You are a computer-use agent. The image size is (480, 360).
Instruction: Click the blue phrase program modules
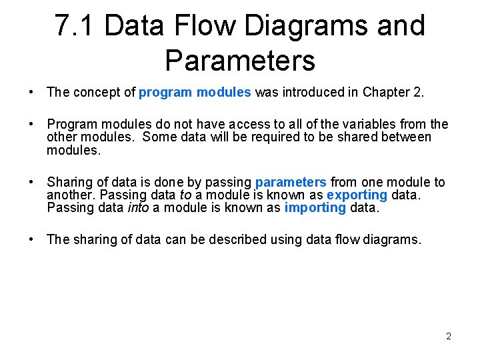tap(195, 93)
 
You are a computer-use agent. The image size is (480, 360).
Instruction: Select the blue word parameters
tap(291, 182)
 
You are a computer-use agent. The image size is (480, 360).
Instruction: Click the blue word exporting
tap(357, 195)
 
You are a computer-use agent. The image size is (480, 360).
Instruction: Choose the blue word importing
tap(315, 207)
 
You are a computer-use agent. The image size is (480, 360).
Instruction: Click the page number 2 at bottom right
tap(448, 336)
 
